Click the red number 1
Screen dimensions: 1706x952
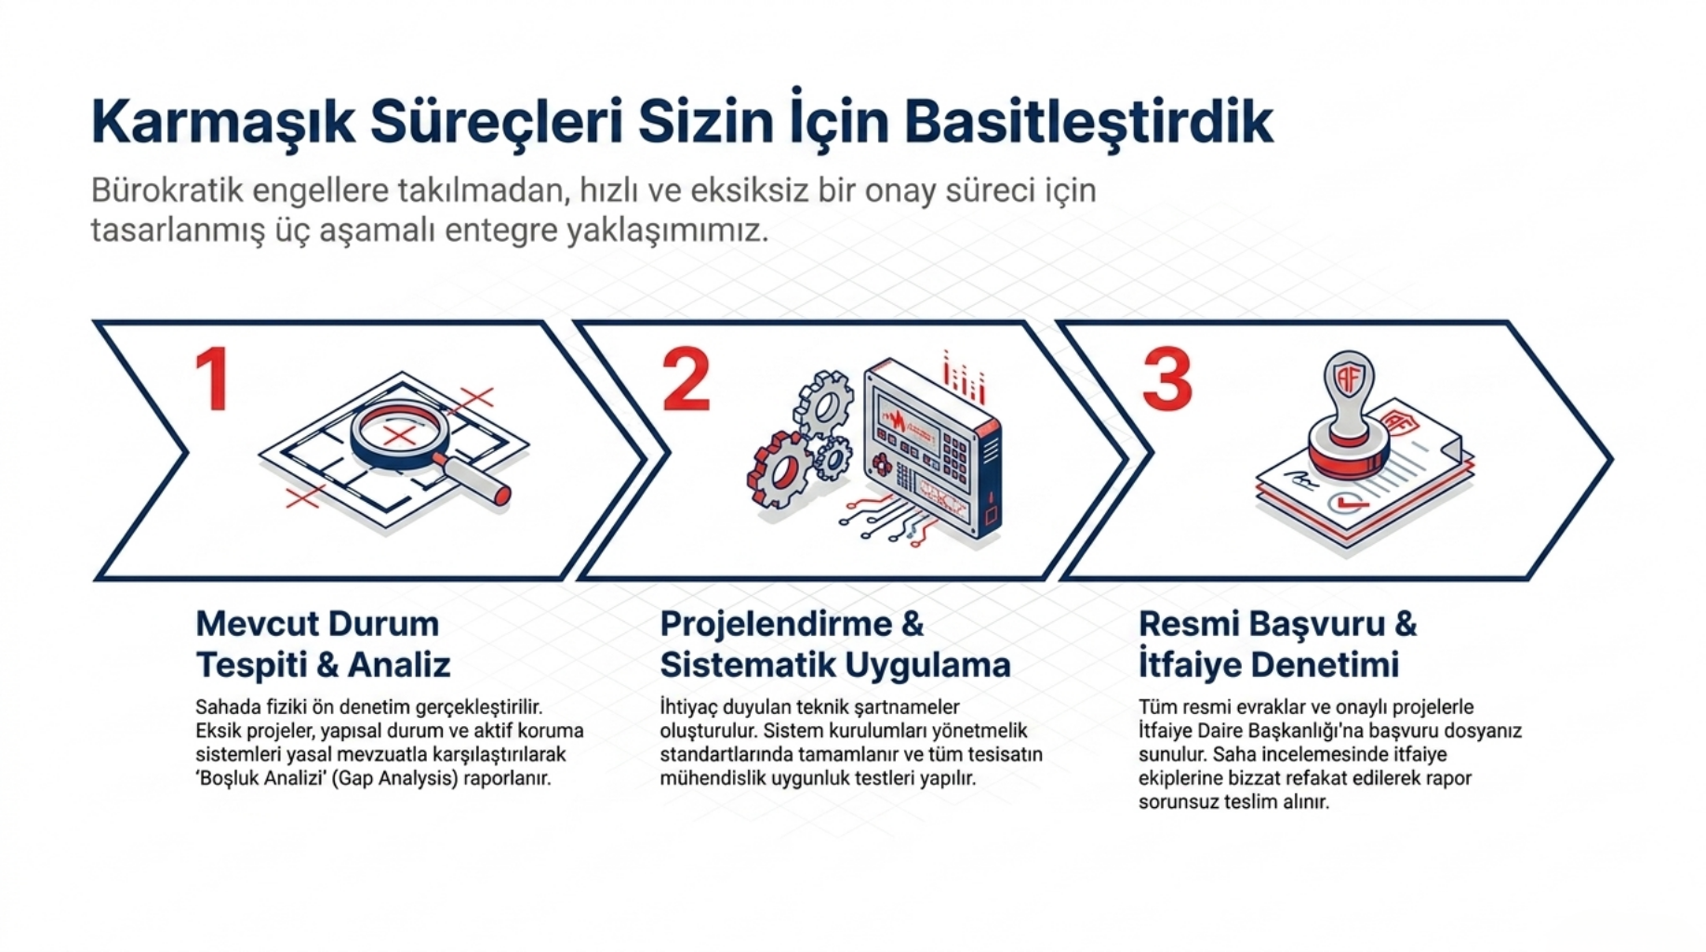[x=213, y=378]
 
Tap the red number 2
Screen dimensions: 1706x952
[x=686, y=378]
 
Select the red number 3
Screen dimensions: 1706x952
[x=1166, y=378]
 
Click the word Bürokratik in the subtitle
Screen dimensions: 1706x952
[x=167, y=191]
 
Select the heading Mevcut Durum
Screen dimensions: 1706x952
[x=317, y=623]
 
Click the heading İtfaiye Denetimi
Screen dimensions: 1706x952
[x=1269, y=665]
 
